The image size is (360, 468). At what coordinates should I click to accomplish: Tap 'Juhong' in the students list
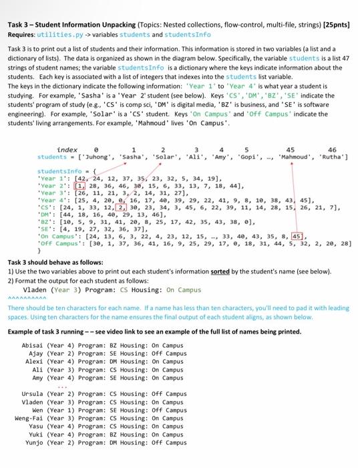(x=100, y=138)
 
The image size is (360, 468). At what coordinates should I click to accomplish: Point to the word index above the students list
(x=67, y=130)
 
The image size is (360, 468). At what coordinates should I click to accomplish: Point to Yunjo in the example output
(x=36, y=443)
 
